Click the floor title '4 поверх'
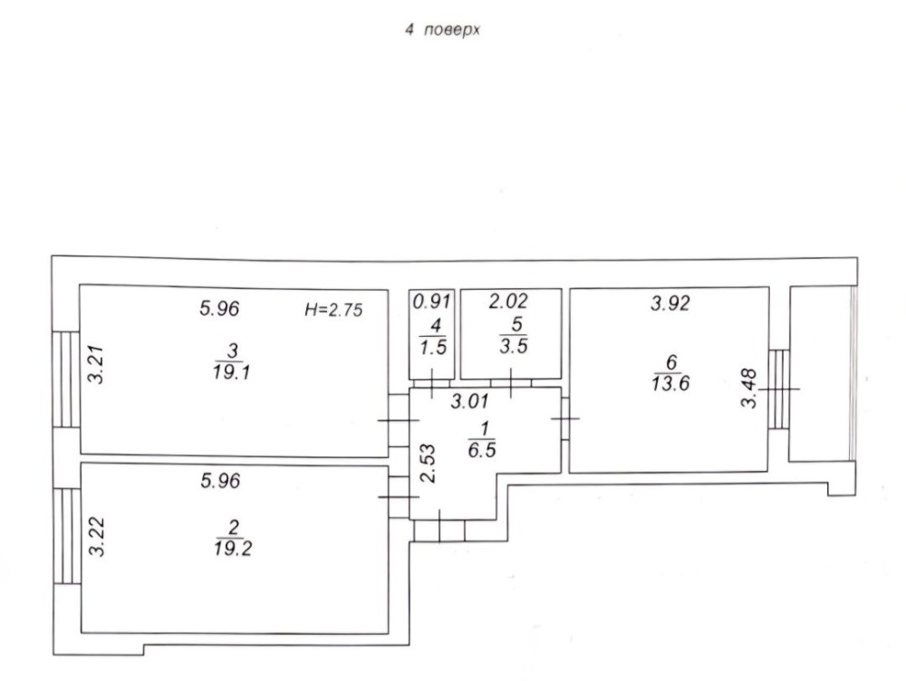tap(442, 30)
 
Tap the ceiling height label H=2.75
tap(333, 311)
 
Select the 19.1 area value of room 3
tap(231, 372)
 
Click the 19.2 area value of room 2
tap(232, 548)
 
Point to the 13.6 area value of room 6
tap(670, 383)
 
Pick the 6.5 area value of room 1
tap(482, 450)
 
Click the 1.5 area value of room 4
tap(433, 348)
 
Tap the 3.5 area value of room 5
tap(514, 346)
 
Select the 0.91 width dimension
tap(431, 301)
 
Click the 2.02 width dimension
tap(508, 301)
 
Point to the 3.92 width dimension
tap(670, 302)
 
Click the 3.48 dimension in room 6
tap(749, 388)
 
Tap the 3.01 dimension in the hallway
tap(469, 401)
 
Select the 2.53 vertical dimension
tap(428, 464)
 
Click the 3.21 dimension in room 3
tap(95, 364)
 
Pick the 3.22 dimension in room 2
tap(98, 537)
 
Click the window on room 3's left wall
tap(65, 379)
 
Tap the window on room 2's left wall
tap(67, 536)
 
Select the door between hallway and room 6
tap(565, 417)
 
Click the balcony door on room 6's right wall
tap(779, 389)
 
